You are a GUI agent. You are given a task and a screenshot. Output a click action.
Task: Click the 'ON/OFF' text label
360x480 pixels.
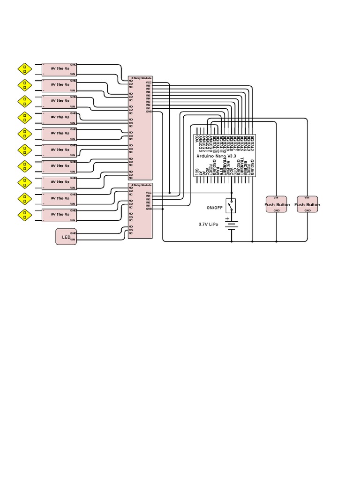[x=214, y=208]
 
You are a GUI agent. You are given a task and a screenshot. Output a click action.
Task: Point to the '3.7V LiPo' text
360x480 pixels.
[x=209, y=225]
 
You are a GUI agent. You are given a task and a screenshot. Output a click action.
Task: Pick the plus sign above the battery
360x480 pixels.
[x=227, y=218]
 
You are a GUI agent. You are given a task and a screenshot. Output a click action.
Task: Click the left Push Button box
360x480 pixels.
[x=276, y=204]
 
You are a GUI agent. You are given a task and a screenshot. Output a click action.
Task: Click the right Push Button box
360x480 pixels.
[x=307, y=204]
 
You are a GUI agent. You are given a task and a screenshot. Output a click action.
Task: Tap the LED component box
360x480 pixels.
[x=66, y=236]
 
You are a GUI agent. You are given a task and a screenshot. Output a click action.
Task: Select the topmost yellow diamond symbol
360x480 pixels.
[x=24, y=69]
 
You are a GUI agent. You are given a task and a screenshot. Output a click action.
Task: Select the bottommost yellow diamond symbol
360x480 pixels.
[x=24, y=215]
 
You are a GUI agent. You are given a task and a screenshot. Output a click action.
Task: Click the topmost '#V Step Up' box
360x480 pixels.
[x=59, y=69]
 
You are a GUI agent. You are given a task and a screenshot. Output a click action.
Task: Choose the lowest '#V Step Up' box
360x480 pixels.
[x=59, y=215]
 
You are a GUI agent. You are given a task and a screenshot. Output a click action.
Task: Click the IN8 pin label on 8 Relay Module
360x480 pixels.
[x=148, y=85]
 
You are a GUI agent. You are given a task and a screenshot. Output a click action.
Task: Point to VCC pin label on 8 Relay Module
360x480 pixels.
[x=148, y=82]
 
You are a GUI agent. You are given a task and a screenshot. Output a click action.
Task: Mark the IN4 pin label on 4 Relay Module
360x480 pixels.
[x=148, y=195]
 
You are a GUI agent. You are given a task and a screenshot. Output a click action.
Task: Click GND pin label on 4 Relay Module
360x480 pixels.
[x=148, y=209]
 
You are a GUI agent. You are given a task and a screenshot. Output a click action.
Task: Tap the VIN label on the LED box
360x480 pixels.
[x=73, y=240]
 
